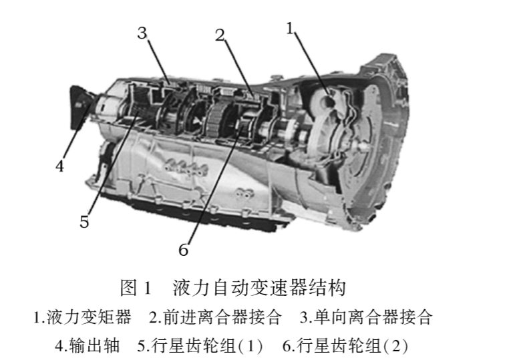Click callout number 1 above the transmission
[290, 28]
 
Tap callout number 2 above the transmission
[220, 35]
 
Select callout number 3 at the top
[142, 33]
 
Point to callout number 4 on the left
[59, 166]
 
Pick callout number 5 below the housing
[84, 222]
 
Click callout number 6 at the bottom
[184, 250]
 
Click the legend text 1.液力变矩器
[82, 317]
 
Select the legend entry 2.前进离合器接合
[215, 317]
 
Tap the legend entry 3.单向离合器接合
[366, 317]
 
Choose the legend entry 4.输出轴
[87, 346]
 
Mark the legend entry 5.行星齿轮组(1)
[200, 346]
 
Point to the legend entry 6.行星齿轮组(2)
[345, 346]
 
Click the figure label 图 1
[136, 288]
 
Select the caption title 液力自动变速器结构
[259, 288]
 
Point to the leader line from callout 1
[312, 64]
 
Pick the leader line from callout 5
[113, 164]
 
